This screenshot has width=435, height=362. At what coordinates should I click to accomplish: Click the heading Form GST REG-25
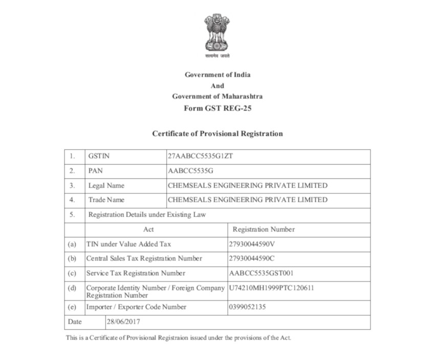217,108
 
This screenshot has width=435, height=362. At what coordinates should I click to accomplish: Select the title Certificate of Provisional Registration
217,134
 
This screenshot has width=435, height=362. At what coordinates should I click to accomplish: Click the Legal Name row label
106,186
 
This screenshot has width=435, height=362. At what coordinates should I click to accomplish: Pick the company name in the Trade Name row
247,200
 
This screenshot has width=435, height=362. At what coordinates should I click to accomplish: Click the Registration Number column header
264,229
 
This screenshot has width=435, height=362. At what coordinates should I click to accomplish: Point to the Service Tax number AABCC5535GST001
261,273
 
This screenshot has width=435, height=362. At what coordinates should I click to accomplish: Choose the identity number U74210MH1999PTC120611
271,288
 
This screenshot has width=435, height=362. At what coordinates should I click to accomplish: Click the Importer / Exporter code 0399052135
248,307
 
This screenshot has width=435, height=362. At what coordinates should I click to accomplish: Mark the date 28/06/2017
123,322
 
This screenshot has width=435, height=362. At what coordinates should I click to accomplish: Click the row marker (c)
72,273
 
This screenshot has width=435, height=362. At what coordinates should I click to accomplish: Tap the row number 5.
72,215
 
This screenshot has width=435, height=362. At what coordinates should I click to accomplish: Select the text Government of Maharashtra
217,96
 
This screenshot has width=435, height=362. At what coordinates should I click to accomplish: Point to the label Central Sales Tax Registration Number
144,258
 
